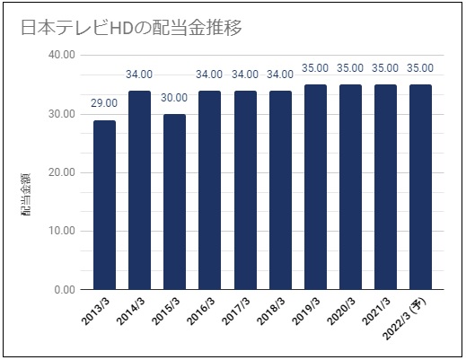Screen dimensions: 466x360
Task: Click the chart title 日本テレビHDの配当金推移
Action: pyautogui.click(x=131, y=28)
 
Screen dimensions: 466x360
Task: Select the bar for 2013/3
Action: pyautogui.click(x=104, y=205)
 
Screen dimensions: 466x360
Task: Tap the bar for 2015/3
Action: pyautogui.click(x=174, y=202)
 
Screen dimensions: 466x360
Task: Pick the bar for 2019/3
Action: pyautogui.click(x=315, y=187)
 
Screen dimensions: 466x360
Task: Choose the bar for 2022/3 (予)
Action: pyautogui.click(x=420, y=187)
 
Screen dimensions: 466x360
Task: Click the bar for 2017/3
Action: pyautogui.click(x=245, y=190)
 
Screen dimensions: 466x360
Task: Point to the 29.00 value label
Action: pyautogui.click(x=104, y=103)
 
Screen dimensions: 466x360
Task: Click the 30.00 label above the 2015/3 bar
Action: pyautogui.click(x=174, y=98)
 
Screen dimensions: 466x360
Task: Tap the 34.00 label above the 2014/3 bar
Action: pyautogui.click(x=139, y=75)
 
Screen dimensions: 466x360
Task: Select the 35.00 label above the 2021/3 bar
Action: pyautogui.click(x=385, y=68)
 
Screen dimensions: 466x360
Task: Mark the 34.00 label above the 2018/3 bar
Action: pyautogui.click(x=280, y=75)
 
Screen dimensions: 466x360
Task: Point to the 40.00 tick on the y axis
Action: pyautogui.click(x=62, y=55)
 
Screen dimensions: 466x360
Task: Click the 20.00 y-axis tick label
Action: pyautogui.click(x=62, y=172)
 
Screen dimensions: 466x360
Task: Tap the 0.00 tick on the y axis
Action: pyautogui.click(x=65, y=290)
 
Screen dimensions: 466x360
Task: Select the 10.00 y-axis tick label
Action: pyautogui.click(x=62, y=231)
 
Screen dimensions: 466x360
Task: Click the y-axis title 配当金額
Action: pyautogui.click(x=26, y=194)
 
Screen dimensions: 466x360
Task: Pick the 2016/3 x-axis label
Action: pyautogui.click(x=201, y=312)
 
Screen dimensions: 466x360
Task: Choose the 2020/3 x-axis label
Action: pyautogui.click(x=341, y=312)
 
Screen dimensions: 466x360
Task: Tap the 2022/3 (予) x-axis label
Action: pyautogui.click(x=406, y=320)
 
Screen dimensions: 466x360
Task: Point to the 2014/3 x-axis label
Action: pyautogui.click(x=131, y=312)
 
